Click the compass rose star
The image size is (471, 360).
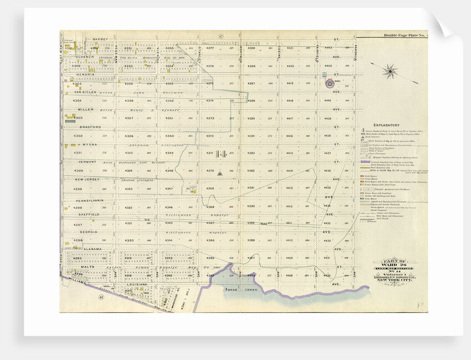(390, 70)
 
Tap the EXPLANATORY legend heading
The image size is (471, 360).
(386, 125)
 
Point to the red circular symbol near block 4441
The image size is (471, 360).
(330, 83)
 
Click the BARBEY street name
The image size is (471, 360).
(100, 39)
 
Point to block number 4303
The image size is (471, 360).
(78, 118)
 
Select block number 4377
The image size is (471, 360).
(210, 48)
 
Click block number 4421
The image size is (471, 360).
(290, 48)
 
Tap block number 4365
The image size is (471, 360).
(210, 258)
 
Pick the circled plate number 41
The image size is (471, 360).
(101, 297)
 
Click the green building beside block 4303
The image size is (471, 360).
(70, 121)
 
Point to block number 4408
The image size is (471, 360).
(290, 275)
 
